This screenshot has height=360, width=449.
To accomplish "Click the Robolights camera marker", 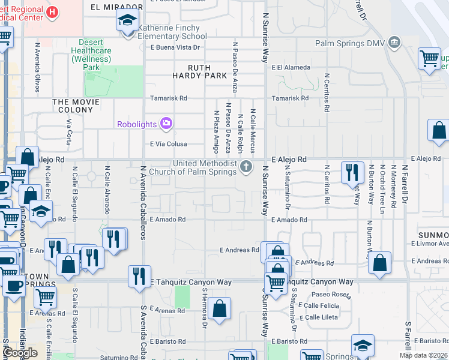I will click(166, 124).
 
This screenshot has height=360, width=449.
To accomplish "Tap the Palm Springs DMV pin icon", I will click(394, 42).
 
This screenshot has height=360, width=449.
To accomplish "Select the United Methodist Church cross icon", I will click(246, 166).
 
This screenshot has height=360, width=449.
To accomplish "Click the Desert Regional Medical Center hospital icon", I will click(52, 11).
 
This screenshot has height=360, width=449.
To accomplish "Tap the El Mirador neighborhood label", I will click(111, 7).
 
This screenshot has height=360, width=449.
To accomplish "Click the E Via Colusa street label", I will click(169, 144).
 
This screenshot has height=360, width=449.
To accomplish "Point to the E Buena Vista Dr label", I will click(175, 47).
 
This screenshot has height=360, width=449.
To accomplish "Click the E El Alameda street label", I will click(291, 68).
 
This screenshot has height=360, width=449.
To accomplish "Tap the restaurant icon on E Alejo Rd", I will click(352, 172).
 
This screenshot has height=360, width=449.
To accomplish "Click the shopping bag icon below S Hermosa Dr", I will click(220, 308).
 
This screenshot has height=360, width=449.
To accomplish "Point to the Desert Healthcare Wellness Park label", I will click(91, 55).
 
